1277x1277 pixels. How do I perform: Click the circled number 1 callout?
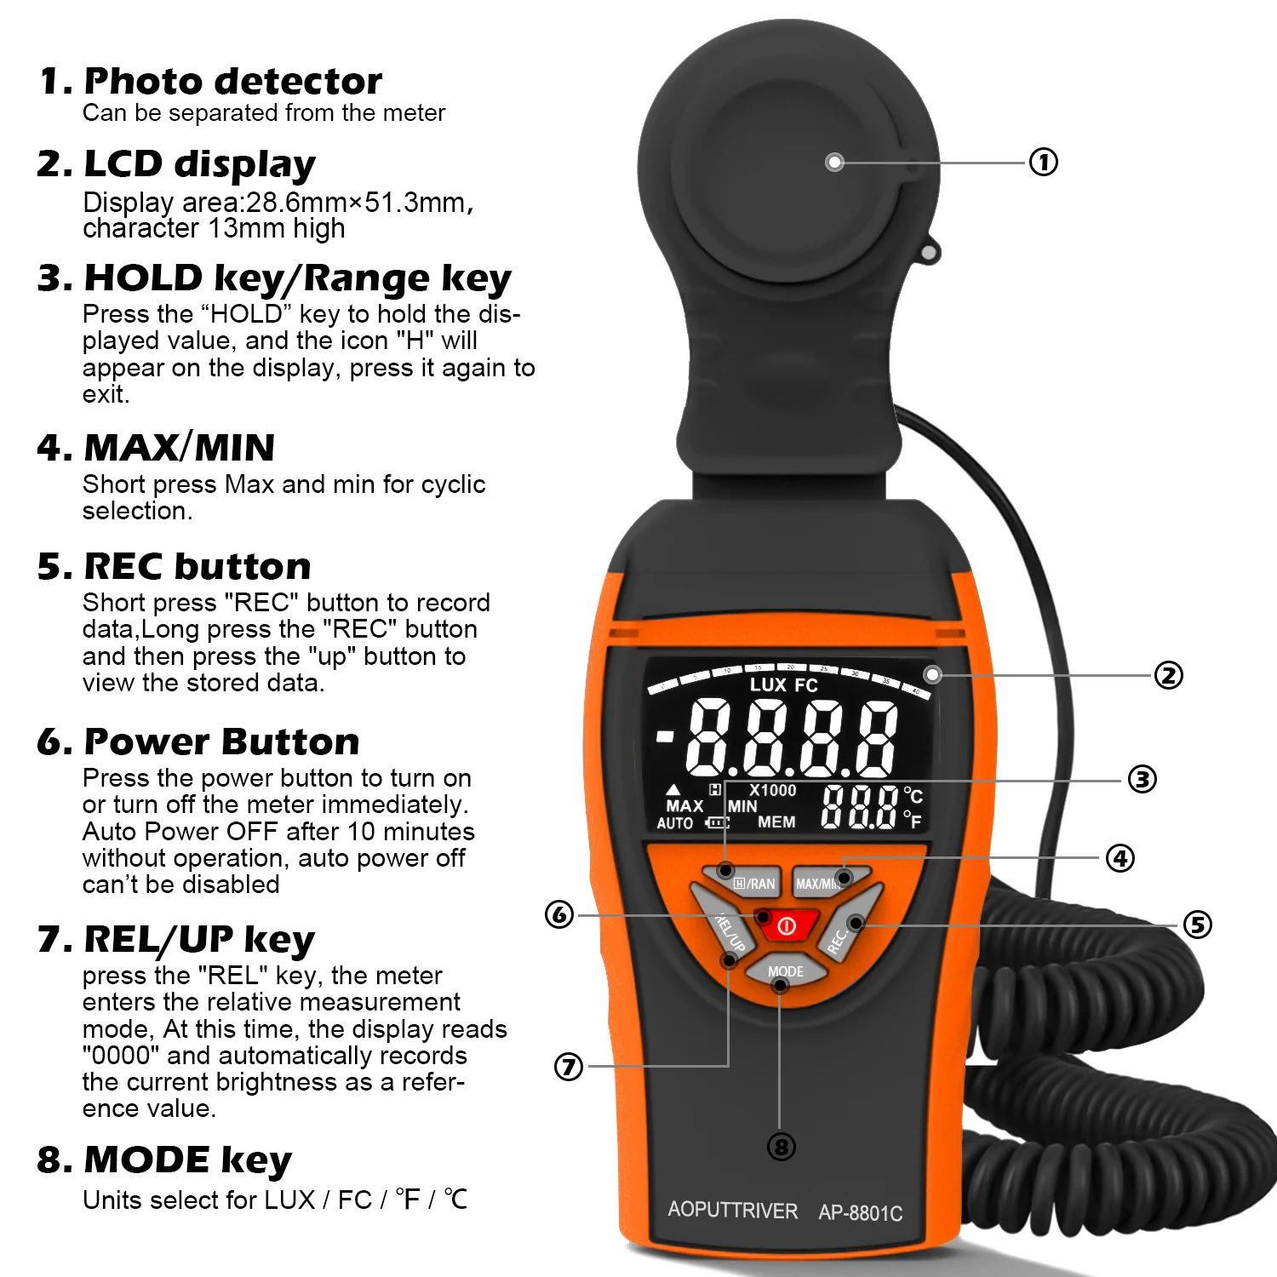pos(1044,162)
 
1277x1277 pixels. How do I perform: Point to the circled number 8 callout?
pos(781,1147)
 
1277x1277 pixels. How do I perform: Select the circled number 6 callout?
pos(559,915)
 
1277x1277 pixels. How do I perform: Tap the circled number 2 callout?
pos(1169,675)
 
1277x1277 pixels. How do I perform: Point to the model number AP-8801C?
pos(861,1212)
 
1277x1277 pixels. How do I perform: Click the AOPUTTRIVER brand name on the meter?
pos(733,1210)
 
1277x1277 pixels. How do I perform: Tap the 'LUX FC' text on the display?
pos(783,684)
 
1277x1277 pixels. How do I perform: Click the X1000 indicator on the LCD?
pos(773,790)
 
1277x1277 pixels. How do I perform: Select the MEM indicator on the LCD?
pos(776,822)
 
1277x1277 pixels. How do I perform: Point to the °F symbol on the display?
pos(912,820)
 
